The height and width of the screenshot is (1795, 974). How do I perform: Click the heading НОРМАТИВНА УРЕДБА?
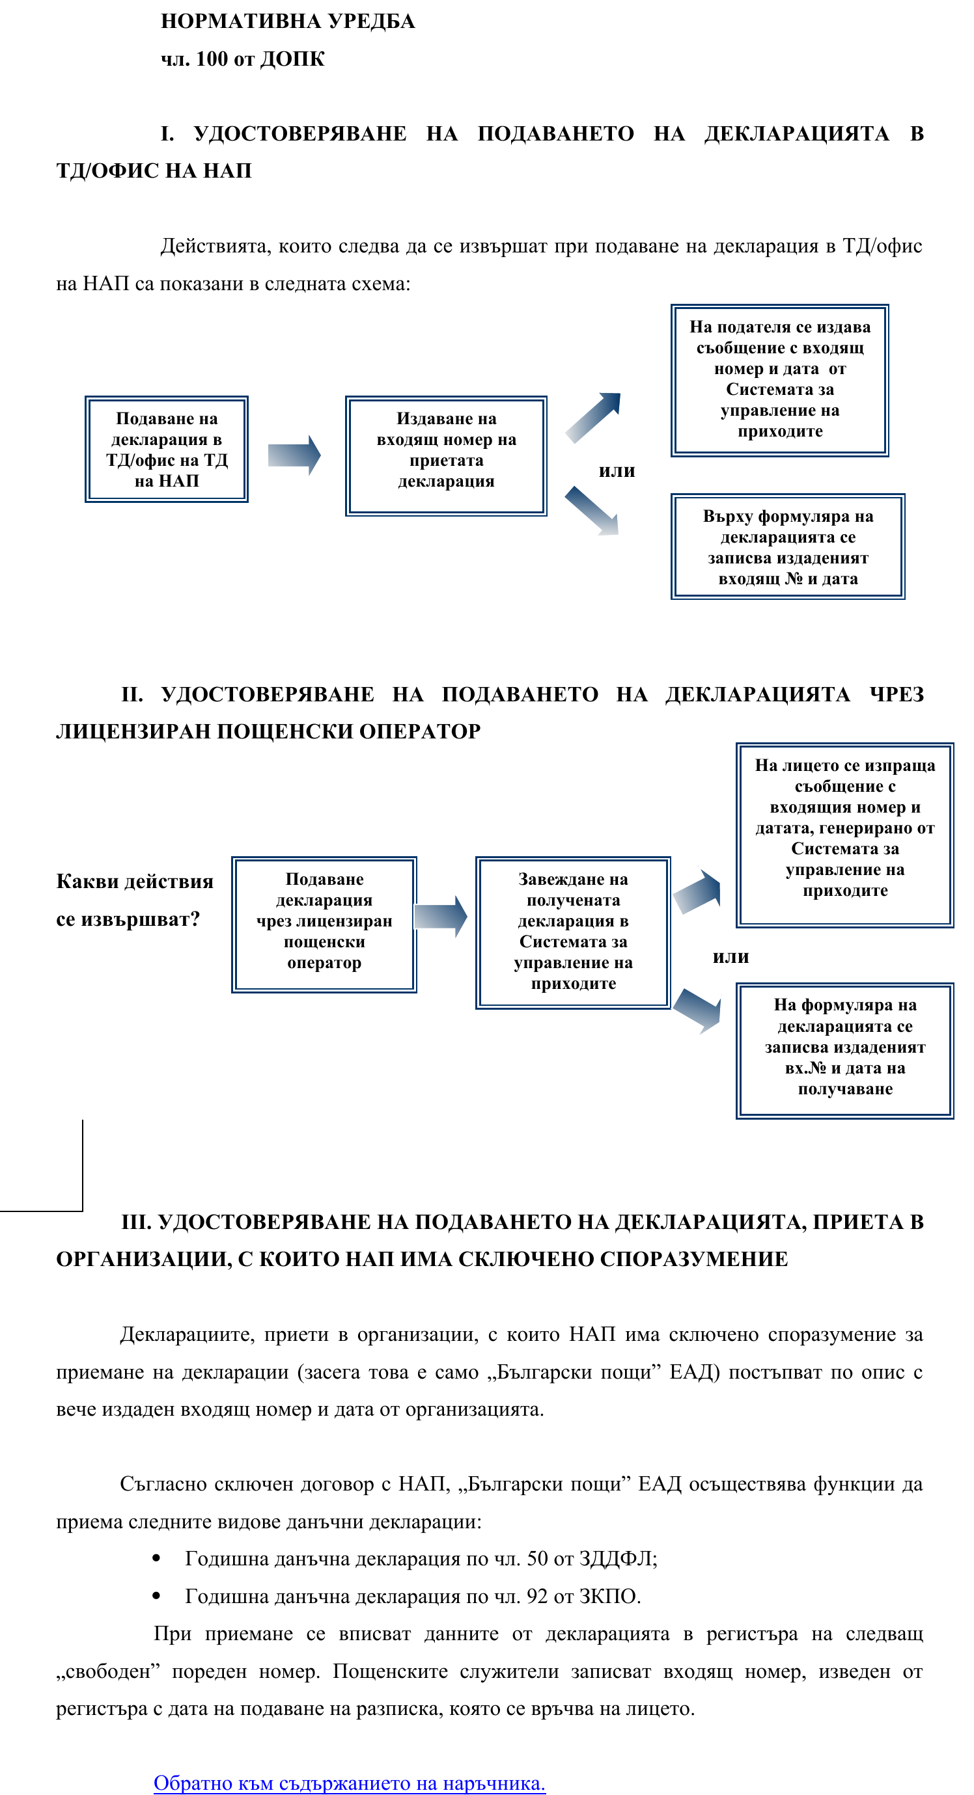tap(287, 21)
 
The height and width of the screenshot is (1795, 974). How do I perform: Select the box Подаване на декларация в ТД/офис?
tap(167, 450)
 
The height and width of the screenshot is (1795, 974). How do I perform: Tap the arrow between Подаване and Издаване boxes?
tap(294, 455)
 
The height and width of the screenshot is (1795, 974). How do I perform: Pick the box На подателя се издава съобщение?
tap(779, 381)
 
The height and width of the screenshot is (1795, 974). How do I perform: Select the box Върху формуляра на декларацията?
tap(788, 547)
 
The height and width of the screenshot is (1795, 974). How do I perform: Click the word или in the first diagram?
tap(617, 471)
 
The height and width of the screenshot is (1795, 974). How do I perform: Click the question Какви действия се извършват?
tap(134, 900)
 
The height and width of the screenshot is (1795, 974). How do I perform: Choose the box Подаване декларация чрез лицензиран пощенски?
tap(324, 924)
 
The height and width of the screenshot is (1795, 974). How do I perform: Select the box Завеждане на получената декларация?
tap(573, 932)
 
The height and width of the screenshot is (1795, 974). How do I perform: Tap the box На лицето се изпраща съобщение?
tap(844, 835)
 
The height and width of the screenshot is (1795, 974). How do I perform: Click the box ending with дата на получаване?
tap(844, 1051)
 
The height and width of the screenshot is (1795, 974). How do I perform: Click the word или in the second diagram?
tap(730, 958)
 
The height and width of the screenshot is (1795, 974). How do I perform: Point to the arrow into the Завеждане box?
tap(441, 916)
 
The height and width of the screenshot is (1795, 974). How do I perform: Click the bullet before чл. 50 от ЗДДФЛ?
tap(156, 1559)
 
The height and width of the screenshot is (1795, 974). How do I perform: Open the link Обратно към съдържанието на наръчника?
tap(350, 1783)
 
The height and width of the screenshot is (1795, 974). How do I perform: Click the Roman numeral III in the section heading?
tap(136, 1222)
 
